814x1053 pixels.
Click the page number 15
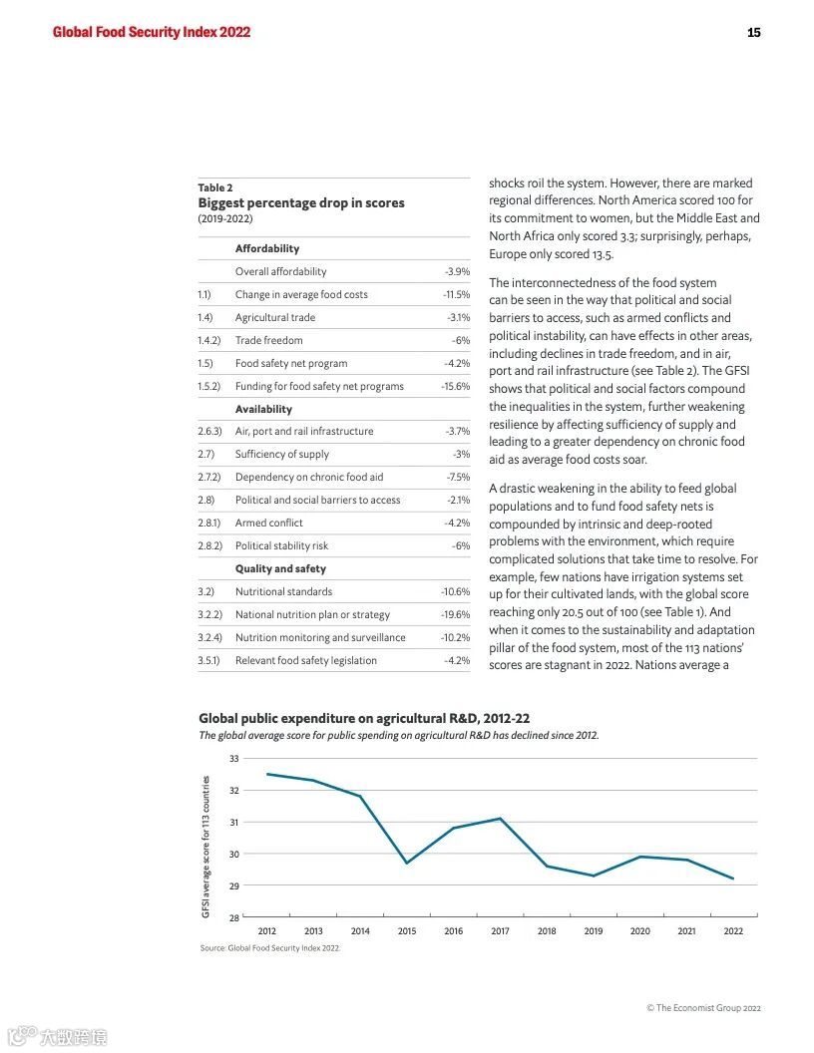click(x=753, y=33)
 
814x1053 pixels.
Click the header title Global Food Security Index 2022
click(x=152, y=32)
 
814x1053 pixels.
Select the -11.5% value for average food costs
click(x=456, y=294)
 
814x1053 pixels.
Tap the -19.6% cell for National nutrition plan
click(x=455, y=614)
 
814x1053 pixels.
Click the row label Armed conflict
click(x=269, y=523)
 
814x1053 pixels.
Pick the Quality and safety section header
click(x=280, y=568)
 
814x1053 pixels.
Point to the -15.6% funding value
click(x=455, y=386)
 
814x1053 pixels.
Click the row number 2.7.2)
click(x=208, y=477)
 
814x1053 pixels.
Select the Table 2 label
click(x=215, y=187)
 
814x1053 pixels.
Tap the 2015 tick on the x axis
click(x=407, y=931)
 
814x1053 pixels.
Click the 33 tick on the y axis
click(x=233, y=759)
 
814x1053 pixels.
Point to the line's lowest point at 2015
click(x=407, y=863)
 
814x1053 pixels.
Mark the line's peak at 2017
click(x=500, y=819)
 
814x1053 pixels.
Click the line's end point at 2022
click(x=733, y=878)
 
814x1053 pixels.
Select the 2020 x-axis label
click(x=639, y=931)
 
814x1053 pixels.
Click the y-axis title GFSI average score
click(x=206, y=847)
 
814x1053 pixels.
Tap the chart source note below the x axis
click(x=269, y=948)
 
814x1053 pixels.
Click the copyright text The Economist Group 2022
click(x=703, y=1008)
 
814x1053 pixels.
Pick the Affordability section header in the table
click(x=267, y=248)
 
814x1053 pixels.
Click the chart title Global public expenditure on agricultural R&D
click(x=364, y=718)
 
